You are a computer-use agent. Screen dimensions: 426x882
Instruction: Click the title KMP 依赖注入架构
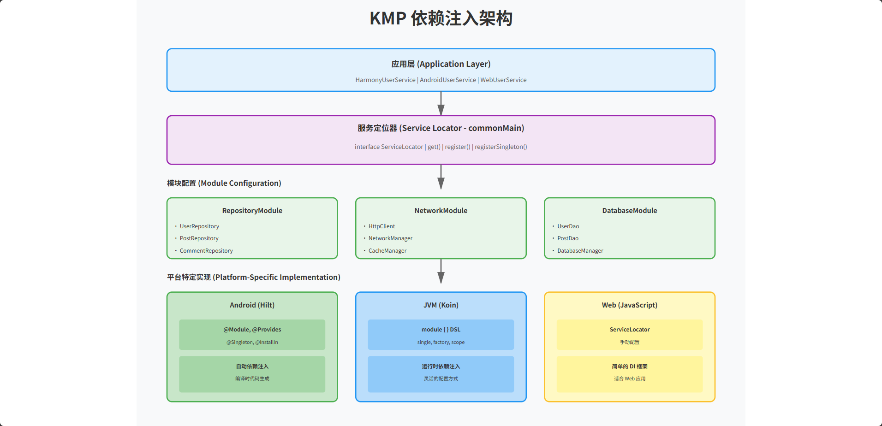click(441, 18)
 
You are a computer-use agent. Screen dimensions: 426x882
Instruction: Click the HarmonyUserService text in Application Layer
click(385, 80)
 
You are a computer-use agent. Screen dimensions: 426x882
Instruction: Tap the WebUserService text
click(503, 80)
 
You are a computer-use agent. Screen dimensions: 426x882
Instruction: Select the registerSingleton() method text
click(501, 147)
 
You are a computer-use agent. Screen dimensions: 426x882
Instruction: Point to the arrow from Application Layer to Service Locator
click(441, 103)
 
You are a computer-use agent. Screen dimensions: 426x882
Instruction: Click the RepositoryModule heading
click(252, 210)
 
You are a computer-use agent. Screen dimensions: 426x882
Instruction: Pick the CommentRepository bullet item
click(206, 251)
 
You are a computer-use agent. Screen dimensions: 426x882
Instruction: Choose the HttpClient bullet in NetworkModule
click(381, 226)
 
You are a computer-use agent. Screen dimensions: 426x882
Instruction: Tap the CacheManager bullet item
click(387, 251)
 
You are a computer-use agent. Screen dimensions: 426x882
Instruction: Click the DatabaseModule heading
click(629, 210)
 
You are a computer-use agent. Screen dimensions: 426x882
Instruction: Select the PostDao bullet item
click(567, 238)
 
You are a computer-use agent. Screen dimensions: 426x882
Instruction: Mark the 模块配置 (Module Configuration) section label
click(224, 183)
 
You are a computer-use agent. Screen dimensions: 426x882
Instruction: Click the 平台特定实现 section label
click(253, 277)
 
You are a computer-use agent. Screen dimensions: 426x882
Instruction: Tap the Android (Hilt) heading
click(252, 305)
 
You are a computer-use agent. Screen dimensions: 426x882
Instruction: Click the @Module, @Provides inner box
click(252, 335)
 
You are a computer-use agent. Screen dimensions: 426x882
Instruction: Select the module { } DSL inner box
click(441, 335)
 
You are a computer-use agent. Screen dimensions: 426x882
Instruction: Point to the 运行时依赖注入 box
click(441, 373)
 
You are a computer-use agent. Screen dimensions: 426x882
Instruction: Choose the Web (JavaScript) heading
click(629, 305)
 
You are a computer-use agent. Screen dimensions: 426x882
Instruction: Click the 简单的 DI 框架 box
click(629, 373)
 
